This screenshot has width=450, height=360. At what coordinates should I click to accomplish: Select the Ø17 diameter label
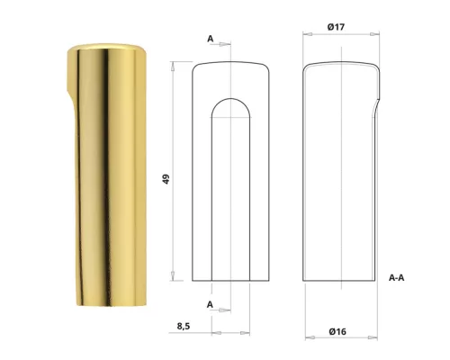tap(337, 27)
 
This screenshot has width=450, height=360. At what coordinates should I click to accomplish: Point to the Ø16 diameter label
tap(337, 332)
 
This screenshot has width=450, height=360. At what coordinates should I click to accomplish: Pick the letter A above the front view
tap(210, 39)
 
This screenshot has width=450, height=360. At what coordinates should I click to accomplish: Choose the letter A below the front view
tap(210, 304)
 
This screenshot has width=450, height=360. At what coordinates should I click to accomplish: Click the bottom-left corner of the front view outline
tap(193, 280)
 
